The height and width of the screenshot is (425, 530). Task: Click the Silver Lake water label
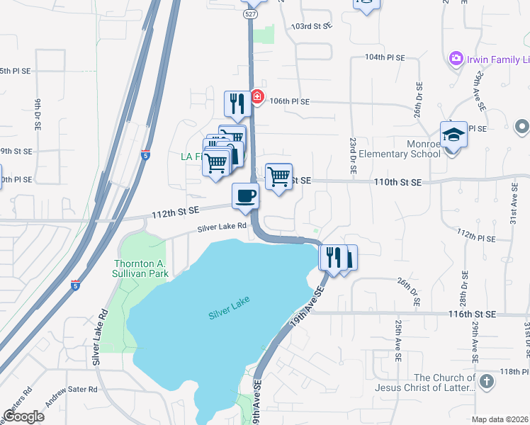coord(230,309)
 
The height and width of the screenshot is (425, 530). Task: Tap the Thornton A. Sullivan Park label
coord(141,268)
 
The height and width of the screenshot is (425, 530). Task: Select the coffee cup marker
coord(246,196)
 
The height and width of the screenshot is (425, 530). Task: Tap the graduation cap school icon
coord(453,135)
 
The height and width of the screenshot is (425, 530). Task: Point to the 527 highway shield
coord(249,14)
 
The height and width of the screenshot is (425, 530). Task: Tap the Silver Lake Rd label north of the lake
coord(222,227)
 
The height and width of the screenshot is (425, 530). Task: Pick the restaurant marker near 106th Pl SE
coord(237,103)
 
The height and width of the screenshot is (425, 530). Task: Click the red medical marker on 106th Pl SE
coord(257,97)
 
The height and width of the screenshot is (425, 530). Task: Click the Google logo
coord(24,416)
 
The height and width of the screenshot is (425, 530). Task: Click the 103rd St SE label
coord(312,26)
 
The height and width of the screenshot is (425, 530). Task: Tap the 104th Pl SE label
coord(385,57)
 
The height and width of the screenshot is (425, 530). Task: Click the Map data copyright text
coord(500,419)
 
